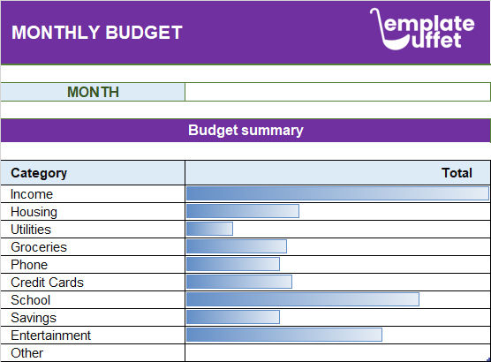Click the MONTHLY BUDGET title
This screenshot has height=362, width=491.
click(x=97, y=34)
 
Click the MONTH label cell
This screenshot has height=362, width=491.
click(x=93, y=92)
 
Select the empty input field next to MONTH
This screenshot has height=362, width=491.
click(x=336, y=92)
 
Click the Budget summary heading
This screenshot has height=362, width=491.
click(x=245, y=131)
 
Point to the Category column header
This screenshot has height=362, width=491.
click(x=39, y=173)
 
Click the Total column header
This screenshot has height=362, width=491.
click(x=457, y=173)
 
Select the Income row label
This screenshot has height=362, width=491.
click(x=32, y=194)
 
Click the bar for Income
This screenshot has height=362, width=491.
click(x=336, y=193)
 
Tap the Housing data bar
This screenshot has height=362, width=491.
click(x=242, y=211)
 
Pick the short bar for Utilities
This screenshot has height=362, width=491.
click(x=209, y=229)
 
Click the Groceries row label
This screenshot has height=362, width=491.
click(x=39, y=247)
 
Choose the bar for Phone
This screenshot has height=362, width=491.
click(x=232, y=264)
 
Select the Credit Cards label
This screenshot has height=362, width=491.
click(x=47, y=283)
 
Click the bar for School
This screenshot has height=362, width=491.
click(x=302, y=299)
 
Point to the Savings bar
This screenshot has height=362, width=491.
click(x=232, y=317)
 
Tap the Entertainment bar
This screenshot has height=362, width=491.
click(x=283, y=335)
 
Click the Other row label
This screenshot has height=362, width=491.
click(x=27, y=353)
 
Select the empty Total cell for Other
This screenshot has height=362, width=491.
click(x=336, y=353)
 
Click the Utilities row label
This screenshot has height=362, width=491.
click(x=31, y=230)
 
